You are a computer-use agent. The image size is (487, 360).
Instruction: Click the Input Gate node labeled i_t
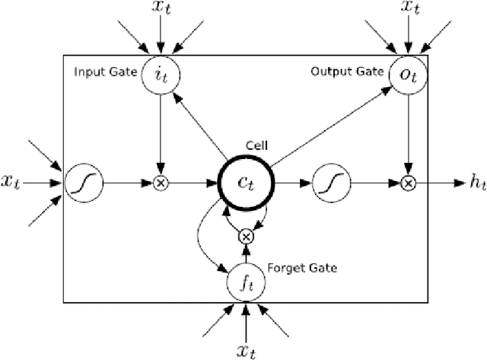coord(160,75)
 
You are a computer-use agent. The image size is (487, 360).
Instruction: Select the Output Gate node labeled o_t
coord(409,75)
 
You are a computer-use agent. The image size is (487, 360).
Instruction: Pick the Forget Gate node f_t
coord(245,284)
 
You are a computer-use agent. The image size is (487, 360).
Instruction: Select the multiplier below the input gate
coord(161,183)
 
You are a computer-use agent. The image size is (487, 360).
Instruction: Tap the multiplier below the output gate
coord(409,183)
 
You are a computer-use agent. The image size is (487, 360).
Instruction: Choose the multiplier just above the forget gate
coord(245,237)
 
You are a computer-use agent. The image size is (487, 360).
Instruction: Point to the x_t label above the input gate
coord(160,9)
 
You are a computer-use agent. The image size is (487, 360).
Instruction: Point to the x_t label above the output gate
coord(409,9)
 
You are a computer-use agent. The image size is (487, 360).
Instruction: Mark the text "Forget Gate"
coord(302,268)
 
